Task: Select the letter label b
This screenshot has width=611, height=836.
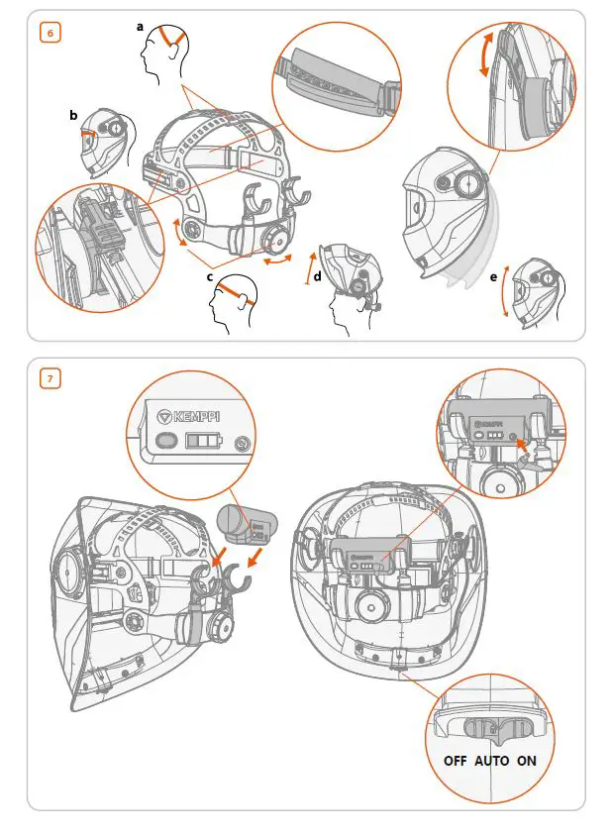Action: [73, 116]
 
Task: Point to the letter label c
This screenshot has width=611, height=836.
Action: [210, 277]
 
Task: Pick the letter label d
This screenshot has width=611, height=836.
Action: [317, 277]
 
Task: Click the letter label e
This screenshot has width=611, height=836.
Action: [494, 278]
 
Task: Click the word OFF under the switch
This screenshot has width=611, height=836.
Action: [456, 761]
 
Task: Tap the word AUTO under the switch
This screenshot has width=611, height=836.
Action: [492, 761]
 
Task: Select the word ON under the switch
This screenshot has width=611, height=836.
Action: [527, 761]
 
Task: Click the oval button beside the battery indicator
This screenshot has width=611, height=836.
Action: [165, 440]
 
